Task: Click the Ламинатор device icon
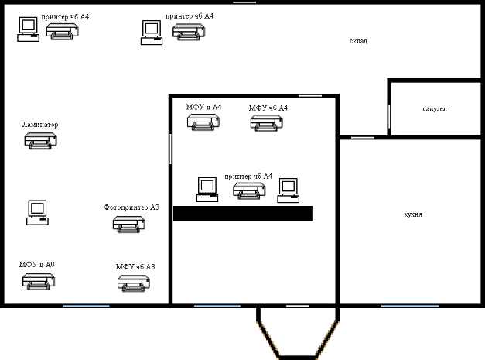40,141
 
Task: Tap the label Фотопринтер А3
131,207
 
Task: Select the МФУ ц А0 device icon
39,281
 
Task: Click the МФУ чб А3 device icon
134,283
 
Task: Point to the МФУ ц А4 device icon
203,122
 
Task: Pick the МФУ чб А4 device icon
267,123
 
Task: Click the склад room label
358,41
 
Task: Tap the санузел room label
435,108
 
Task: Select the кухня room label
413,214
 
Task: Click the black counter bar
243,214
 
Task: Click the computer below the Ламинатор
37,212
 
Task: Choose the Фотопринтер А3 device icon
129,224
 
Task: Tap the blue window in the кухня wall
410,306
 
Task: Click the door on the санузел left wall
389,116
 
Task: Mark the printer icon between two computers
249,190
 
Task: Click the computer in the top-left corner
28,29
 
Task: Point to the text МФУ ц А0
37,264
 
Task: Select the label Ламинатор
40,125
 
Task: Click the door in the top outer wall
244,2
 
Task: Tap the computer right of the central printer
289,190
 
